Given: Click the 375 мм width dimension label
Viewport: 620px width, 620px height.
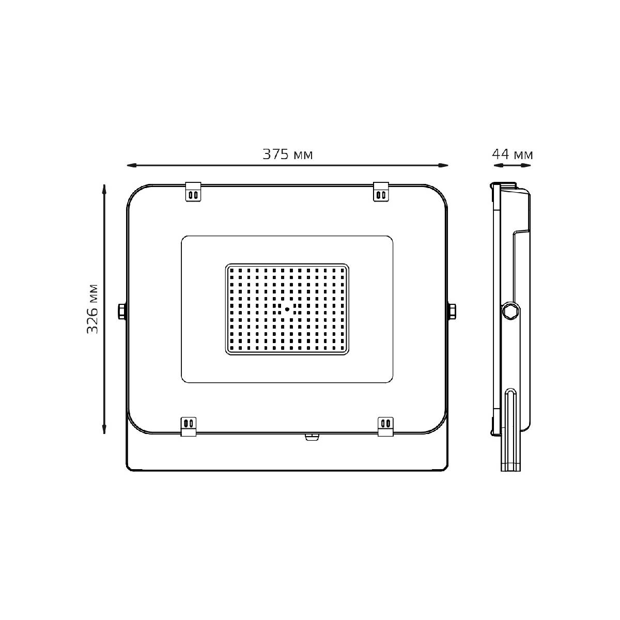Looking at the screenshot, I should (x=288, y=154).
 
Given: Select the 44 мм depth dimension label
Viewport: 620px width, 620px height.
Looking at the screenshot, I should (x=512, y=154).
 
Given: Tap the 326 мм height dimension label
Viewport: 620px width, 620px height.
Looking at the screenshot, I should (x=92, y=308).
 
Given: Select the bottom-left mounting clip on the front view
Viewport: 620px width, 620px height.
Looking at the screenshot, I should (x=188, y=426).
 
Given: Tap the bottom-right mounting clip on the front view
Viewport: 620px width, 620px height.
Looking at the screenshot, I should (x=385, y=426).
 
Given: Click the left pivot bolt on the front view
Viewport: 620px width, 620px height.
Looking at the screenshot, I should (x=121, y=312).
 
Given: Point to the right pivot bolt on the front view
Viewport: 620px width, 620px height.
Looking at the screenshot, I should (x=452, y=312).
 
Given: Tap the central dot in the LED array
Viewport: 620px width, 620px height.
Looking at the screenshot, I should (x=287, y=309).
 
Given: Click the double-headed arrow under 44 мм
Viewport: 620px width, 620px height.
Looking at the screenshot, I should (x=512, y=165).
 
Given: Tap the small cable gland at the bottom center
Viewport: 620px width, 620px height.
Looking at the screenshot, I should (x=312, y=437).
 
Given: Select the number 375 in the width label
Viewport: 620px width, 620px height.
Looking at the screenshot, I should (x=275, y=154).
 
